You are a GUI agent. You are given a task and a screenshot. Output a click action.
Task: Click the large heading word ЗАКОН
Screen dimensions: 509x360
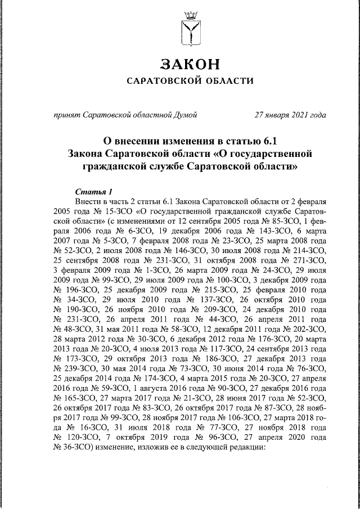tap(188, 62)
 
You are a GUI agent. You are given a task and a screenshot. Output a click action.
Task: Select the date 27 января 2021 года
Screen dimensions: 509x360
tap(290, 116)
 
